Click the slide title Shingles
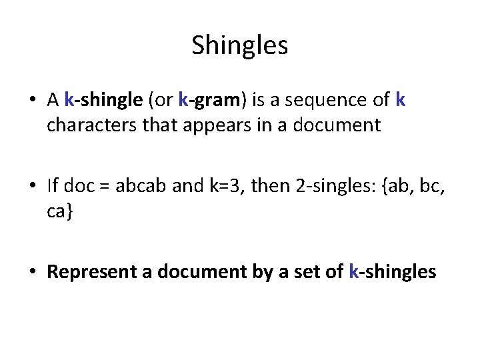pyautogui.click(x=239, y=45)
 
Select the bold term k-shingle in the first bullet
pyautogui.click(x=103, y=101)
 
